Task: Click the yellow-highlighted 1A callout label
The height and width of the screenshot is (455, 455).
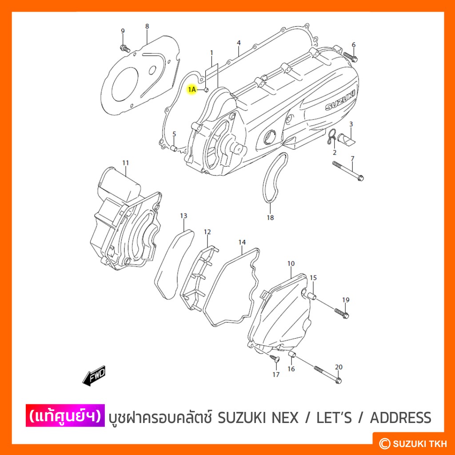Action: (x=192, y=89)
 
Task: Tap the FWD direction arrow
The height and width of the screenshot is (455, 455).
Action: (x=94, y=376)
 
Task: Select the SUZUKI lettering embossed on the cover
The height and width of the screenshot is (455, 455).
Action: (x=340, y=101)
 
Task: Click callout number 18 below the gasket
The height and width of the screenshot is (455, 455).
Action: (x=270, y=218)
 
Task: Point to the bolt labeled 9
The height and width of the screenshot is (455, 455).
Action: (x=125, y=48)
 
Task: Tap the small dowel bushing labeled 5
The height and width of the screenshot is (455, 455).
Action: (x=174, y=148)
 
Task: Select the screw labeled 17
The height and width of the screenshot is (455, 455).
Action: (x=274, y=358)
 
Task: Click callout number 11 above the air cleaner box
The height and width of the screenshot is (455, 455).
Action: (x=125, y=163)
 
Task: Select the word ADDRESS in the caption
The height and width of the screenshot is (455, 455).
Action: (x=400, y=418)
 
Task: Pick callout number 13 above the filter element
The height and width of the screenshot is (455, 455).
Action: (x=184, y=216)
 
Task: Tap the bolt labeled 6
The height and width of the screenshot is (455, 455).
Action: (x=350, y=56)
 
